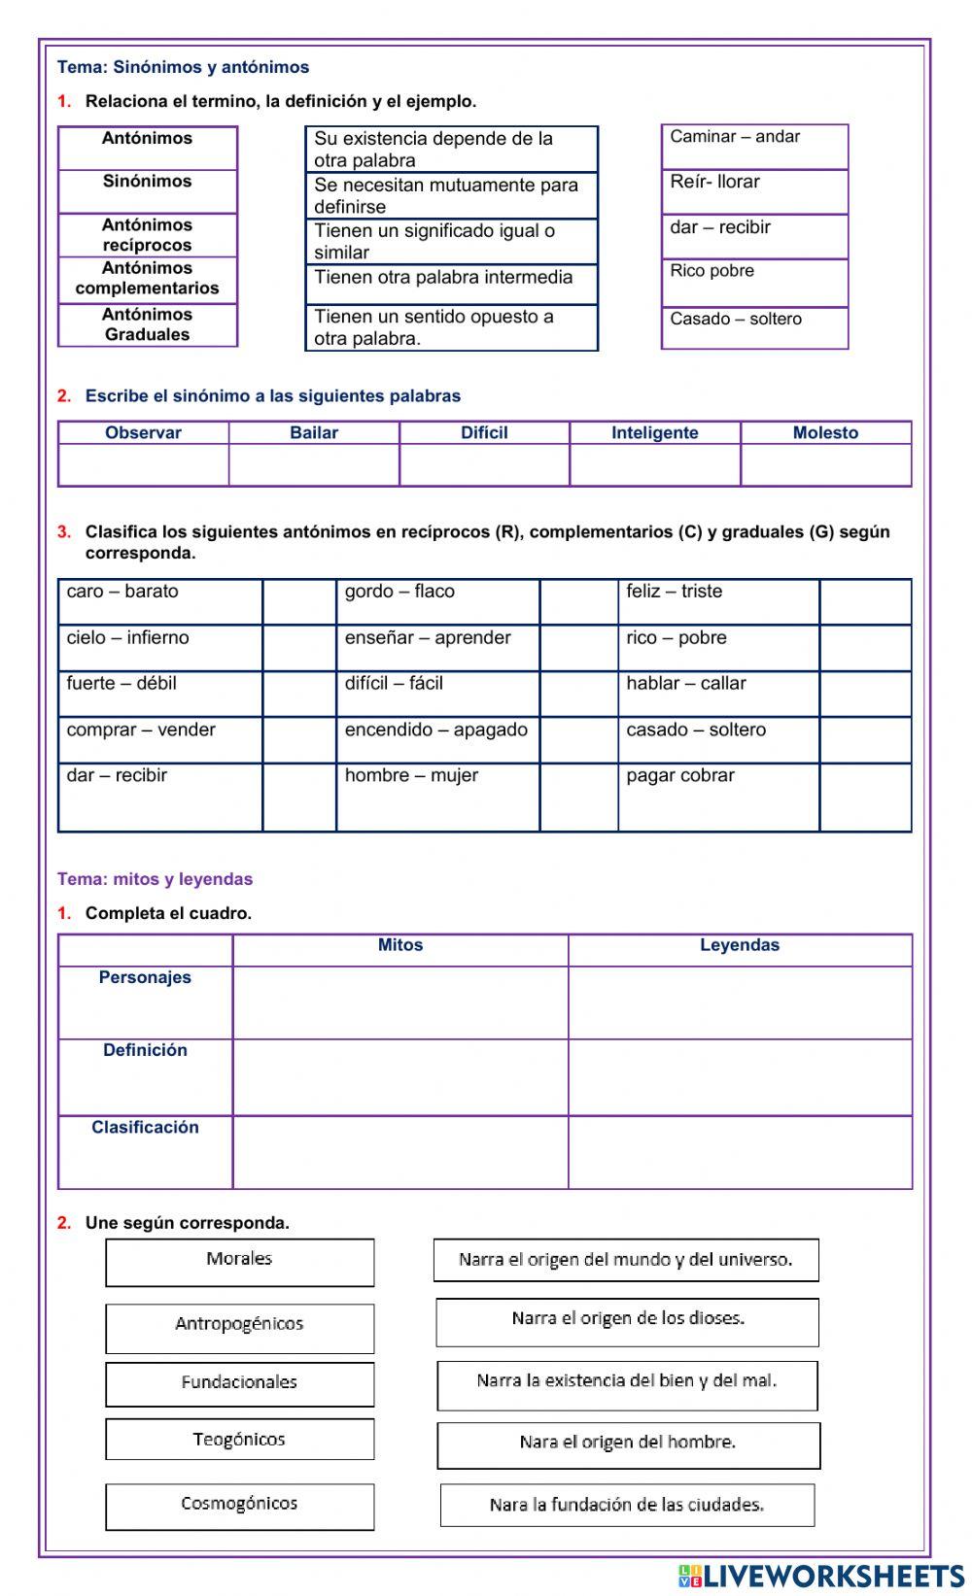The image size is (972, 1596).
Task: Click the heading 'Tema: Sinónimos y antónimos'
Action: pyautogui.click(x=183, y=67)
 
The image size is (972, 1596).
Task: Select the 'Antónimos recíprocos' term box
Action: pyautogui.click(x=147, y=235)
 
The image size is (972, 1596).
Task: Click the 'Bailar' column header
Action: pyautogui.click(x=314, y=432)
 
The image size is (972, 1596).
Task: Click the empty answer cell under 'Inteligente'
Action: pyautogui.click(x=654, y=465)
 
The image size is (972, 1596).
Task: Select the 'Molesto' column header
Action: pyautogui.click(x=825, y=432)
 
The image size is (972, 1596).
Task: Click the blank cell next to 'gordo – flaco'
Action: pyautogui.click(x=578, y=601)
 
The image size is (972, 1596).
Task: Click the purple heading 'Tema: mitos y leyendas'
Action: pyautogui.click(x=155, y=879)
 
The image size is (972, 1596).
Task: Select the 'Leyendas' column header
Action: pyautogui.click(x=740, y=945)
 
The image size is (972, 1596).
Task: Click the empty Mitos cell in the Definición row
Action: pyautogui.click(x=399, y=1077)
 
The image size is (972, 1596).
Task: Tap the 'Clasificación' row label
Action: pyautogui.click(x=145, y=1127)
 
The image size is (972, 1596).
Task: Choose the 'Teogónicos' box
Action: pyautogui.click(x=239, y=1440)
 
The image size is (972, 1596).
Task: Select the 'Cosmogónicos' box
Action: pyautogui.click(x=239, y=1506)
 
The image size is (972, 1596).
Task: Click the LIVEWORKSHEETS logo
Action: pyautogui.click(x=821, y=1576)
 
